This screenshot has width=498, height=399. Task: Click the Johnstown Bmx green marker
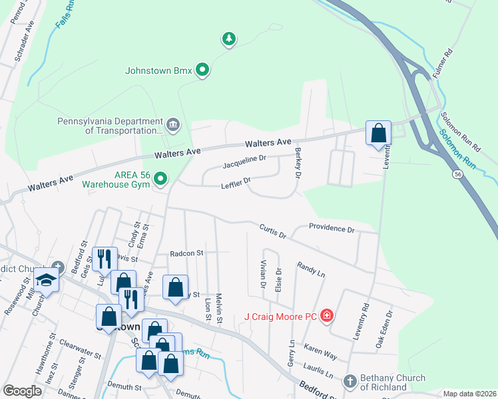coord(204,69)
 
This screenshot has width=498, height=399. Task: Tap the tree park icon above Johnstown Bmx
coord(229,39)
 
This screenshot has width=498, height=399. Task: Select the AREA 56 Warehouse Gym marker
coord(160,178)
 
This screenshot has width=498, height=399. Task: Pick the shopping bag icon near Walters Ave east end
coord(378,133)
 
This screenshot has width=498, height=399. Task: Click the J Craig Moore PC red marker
coord(326,315)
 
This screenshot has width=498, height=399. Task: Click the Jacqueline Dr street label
coord(244,161)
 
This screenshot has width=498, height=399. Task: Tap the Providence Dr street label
coord(332,229)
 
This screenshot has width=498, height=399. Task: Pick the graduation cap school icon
coord(46,281)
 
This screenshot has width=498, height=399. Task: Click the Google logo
coord(23,391)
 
